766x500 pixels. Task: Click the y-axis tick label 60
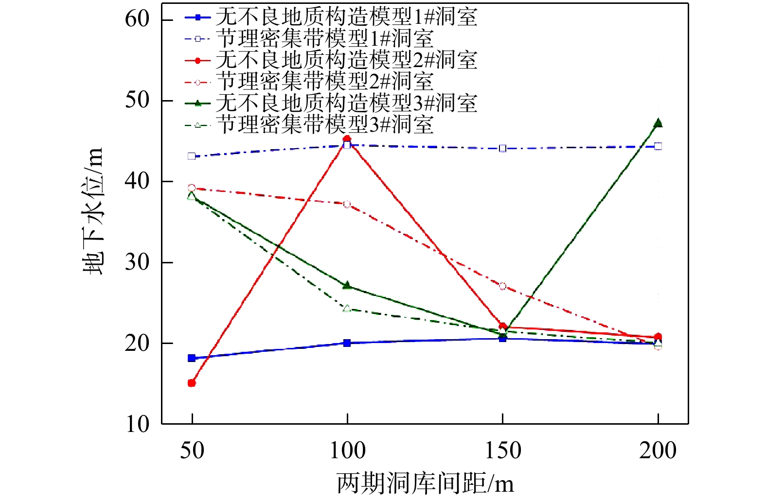(137, 19)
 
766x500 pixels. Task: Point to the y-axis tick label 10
(137, 424)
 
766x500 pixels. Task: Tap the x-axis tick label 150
(503, 450)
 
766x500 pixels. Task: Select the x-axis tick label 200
(658, 450)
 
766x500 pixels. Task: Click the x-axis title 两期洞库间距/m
(425, 483)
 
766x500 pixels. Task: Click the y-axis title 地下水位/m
(93, 211)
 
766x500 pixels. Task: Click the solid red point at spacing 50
(192, 383)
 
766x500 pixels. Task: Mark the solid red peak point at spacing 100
(347, 139)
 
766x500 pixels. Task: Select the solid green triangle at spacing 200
(658, 123)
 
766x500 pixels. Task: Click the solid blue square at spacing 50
(192, 358)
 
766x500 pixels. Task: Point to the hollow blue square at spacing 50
(192, 156)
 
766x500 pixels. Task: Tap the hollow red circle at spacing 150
(503, 286)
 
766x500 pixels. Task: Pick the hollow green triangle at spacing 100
(347, 309)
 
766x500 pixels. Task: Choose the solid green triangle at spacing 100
(347, 286)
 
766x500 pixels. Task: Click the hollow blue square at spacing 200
(658, 146)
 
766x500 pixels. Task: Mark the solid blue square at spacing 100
(347, 343)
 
